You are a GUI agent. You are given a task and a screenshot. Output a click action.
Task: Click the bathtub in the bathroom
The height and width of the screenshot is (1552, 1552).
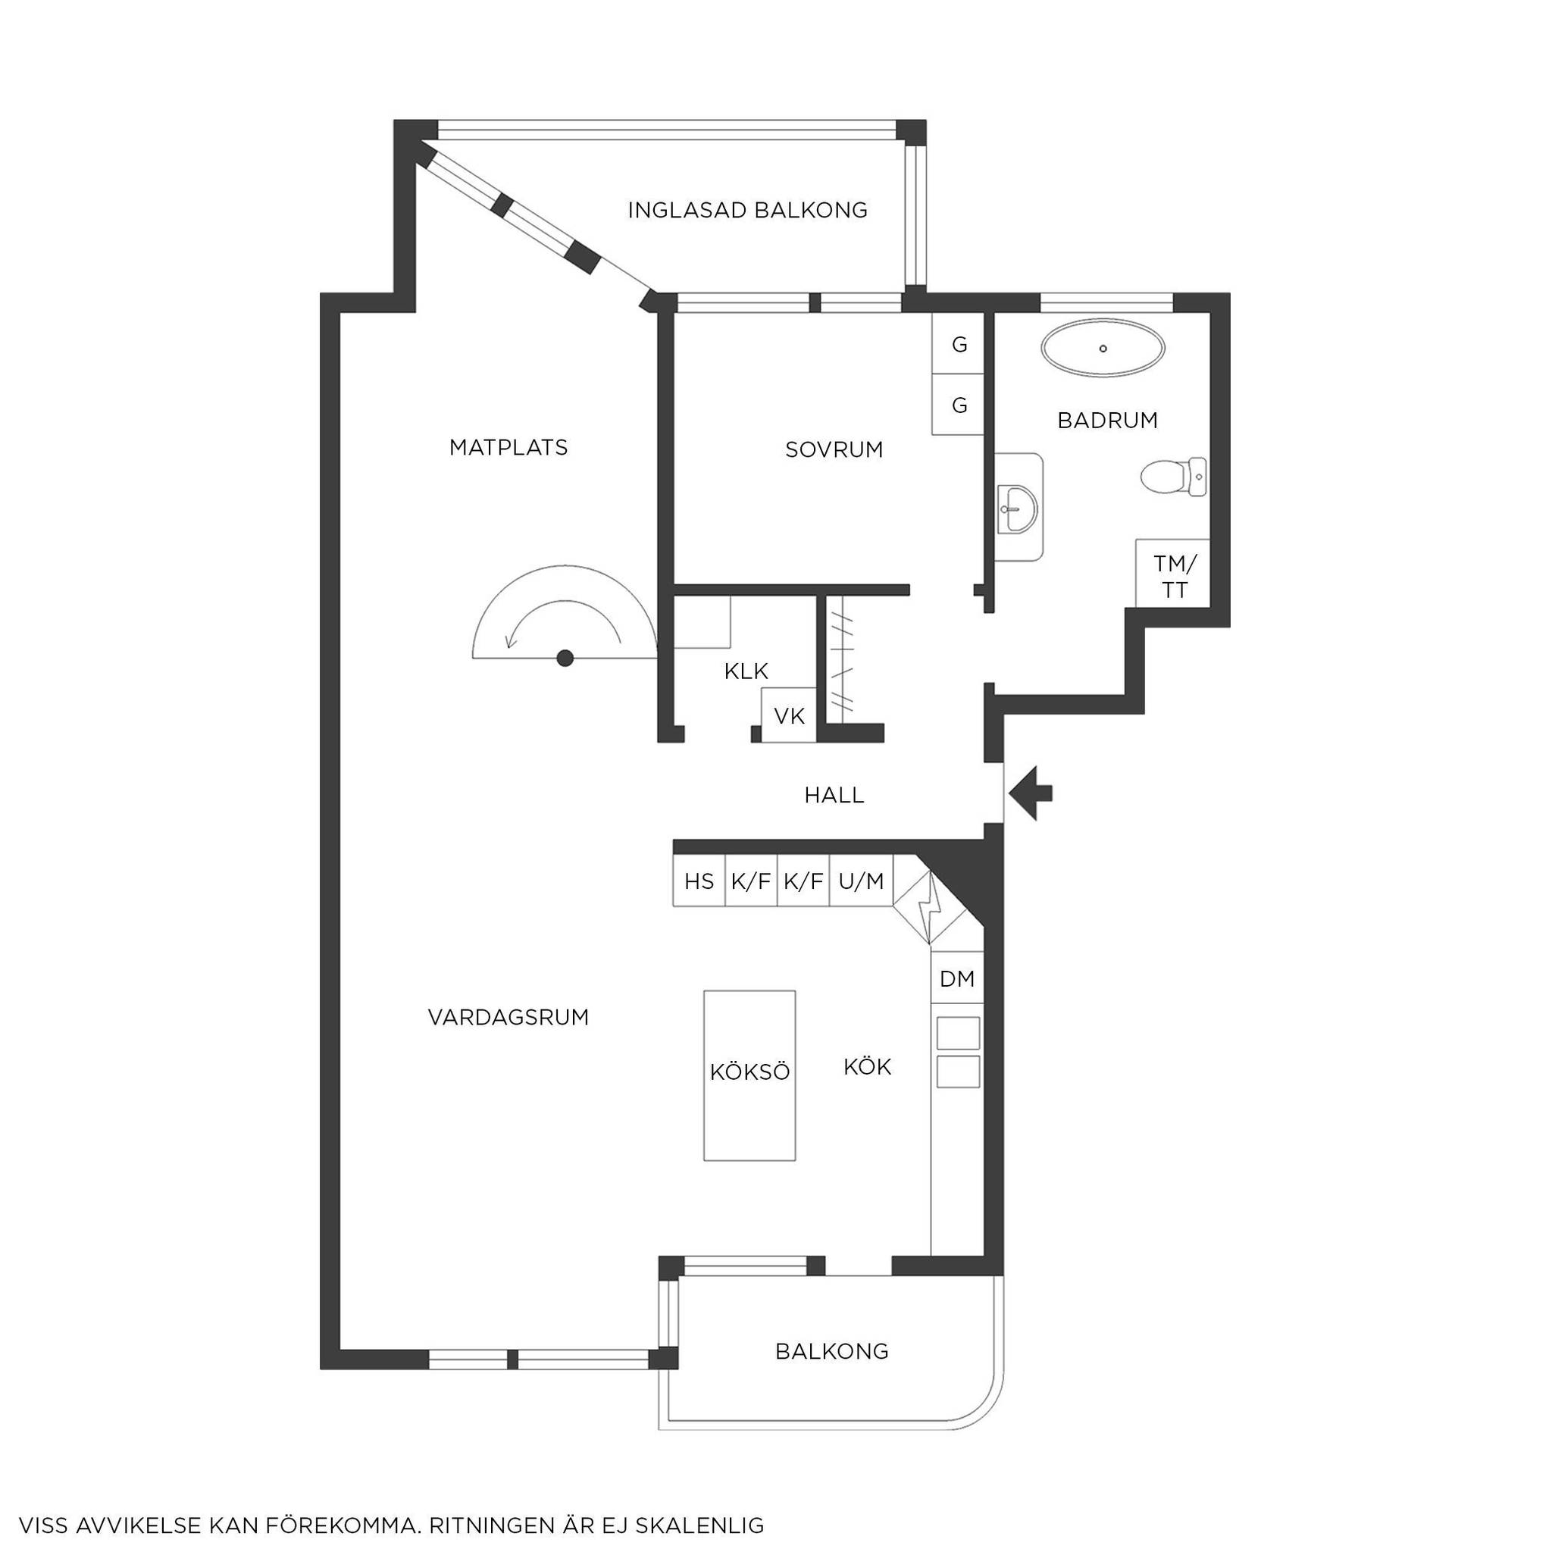pos(1103,348)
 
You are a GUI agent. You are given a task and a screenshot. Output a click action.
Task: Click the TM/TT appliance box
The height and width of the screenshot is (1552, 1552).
pos(1172,573)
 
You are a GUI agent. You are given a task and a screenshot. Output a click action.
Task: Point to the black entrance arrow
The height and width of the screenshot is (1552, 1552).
pos(1031,793)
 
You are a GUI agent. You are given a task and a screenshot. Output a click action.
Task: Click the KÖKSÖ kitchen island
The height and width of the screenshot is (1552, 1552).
pos(749,1075)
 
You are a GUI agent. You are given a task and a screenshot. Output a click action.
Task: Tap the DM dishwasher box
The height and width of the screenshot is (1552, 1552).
pos(957,978)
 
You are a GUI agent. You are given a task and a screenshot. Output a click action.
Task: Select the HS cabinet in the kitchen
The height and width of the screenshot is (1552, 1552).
pos(699,881)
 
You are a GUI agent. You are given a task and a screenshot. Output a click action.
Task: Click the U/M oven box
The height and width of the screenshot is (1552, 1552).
pos(861,881)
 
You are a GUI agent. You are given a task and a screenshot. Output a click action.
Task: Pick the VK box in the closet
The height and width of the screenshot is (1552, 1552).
pos(789,715)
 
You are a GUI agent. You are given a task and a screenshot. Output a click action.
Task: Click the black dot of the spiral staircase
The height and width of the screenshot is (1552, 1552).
pos(565,658)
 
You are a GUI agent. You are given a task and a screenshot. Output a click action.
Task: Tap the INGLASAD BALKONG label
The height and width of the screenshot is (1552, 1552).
pos(747,211)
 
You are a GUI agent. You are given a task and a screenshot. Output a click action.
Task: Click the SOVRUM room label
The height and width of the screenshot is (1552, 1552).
pos(834,450)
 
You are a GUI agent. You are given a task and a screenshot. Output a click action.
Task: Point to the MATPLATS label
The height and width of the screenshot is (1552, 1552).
pos(508,447)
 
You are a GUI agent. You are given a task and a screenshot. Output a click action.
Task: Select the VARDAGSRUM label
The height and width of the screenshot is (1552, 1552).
pos(508,1018)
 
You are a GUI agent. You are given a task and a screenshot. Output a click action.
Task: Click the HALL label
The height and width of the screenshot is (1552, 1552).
pos(834,795)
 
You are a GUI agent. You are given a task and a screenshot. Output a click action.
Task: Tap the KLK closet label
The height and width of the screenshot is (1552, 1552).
pos(746,671)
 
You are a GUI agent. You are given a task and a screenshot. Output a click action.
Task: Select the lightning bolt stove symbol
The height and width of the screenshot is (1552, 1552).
pos(931,906)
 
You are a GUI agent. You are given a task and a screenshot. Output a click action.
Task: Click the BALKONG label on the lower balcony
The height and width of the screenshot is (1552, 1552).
pos(831,1351)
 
